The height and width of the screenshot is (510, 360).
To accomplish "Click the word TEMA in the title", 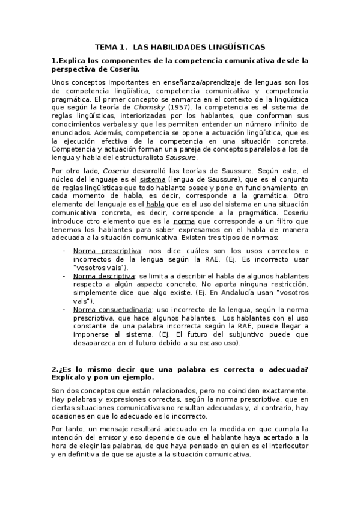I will (107, 46).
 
